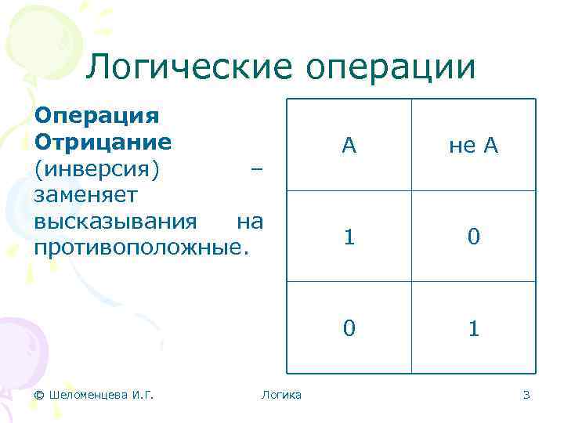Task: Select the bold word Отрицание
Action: click(103, 143)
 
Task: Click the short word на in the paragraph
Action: click(249, 222)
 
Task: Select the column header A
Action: click(349, 145)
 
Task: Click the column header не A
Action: click(473, 145)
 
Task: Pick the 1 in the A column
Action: click(349, 237)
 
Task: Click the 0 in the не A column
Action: click(473, 237)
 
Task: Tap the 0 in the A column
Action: click(349, 327)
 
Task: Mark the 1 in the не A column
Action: click(473, 327)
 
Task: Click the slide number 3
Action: click(526, 395)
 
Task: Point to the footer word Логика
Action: click(281, 395)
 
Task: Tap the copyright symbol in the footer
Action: click(40, 395)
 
